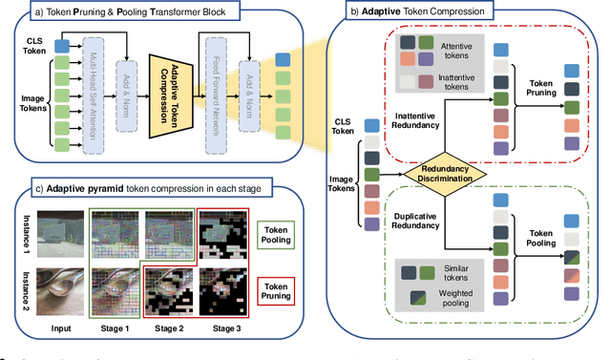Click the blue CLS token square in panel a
(x=62, y=45)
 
